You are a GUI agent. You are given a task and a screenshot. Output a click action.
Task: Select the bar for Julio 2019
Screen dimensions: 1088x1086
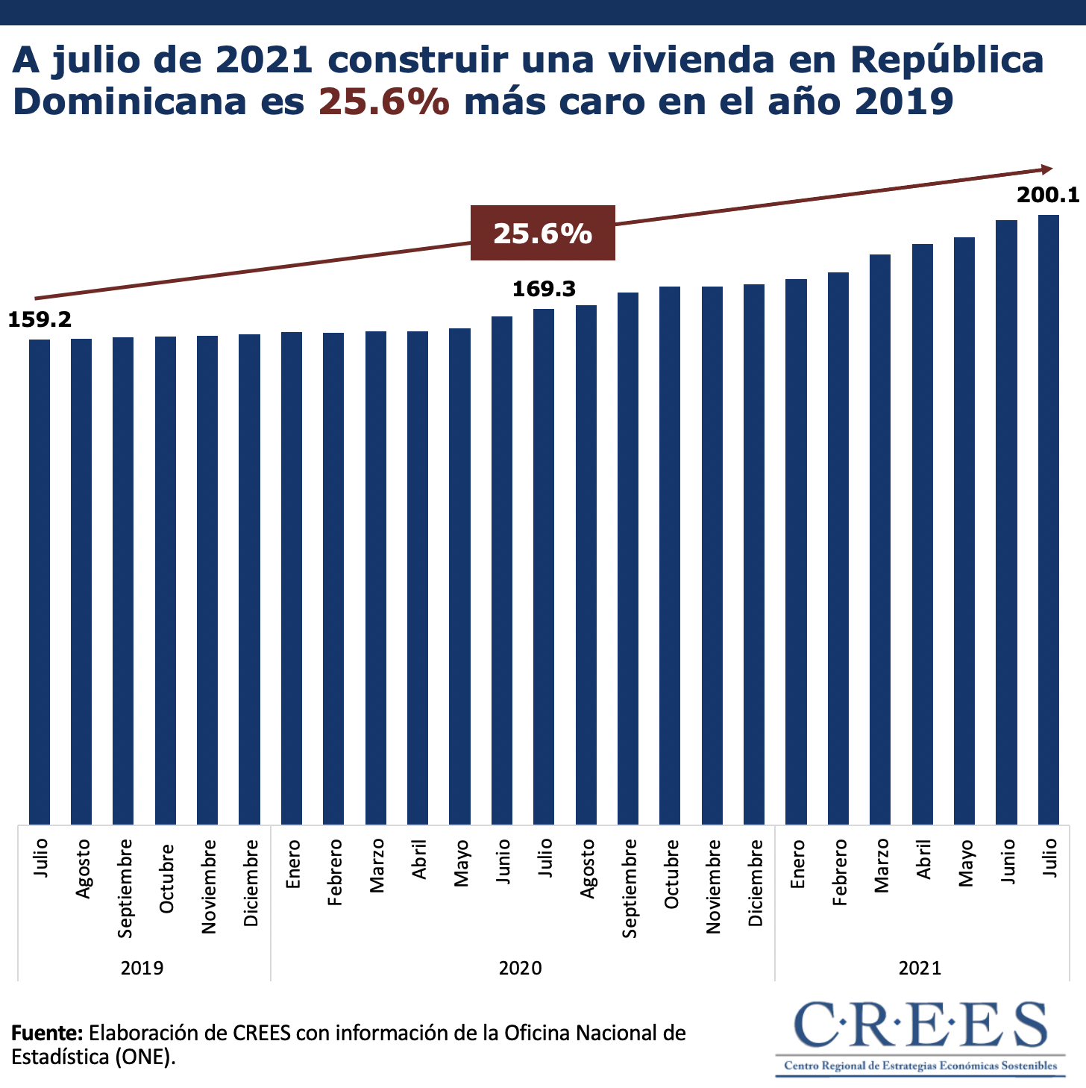tap(40, 582)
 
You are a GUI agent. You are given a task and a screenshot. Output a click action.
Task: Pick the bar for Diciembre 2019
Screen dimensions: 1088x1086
tap(249, 579)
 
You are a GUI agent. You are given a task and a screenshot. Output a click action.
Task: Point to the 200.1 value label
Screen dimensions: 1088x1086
tap(1048, 196)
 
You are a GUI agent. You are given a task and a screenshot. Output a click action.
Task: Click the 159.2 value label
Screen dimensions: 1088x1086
tap(40, 320)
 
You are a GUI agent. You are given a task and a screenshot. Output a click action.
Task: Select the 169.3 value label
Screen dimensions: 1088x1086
tap(544, 290)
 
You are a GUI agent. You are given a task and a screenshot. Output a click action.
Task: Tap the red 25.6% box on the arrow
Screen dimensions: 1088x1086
tap(542, 234)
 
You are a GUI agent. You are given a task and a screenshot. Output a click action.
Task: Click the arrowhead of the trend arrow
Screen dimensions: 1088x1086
tap(1046, 170)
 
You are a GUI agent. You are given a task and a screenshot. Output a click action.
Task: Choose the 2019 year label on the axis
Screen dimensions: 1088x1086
tap(142, 968)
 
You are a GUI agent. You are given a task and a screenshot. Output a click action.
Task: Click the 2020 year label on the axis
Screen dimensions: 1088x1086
tap(521, 968)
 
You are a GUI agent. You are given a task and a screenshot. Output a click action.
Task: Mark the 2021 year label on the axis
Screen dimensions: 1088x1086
tap(920, 968)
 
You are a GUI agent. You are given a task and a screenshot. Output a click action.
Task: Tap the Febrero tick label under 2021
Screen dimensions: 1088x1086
tap(840, 872)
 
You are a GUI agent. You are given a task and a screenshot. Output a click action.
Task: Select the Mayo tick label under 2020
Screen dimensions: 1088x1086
tap(462, 863)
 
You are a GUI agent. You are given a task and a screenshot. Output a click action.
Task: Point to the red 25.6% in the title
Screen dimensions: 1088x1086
tap(384, 101)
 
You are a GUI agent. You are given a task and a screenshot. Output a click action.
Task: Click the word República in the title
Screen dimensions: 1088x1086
tap(947, 60)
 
